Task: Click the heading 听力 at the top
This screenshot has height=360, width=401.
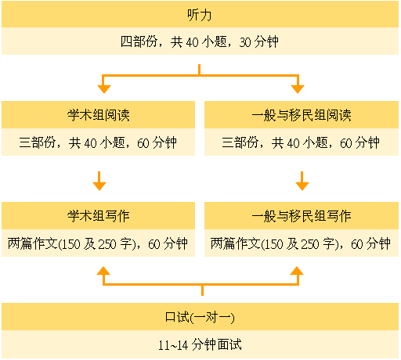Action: [x=200, y=15]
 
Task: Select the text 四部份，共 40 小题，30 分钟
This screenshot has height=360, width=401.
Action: [x=200, y=41]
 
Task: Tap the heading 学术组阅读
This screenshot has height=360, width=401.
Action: [x=98, y=115]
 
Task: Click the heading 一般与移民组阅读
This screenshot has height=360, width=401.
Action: [x=302, y=115]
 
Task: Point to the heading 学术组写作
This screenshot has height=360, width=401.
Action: [x=98, y=216]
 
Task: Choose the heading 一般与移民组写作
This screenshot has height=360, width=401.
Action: [x=302, y=216]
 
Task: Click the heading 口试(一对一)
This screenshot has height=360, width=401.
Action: [x=200, y=317]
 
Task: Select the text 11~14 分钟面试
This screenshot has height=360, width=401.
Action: [x=200, y=344]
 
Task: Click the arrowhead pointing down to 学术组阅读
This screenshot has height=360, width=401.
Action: [x=104, y=89]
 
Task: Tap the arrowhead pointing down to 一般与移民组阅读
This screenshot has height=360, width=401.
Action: [x=298, y=89]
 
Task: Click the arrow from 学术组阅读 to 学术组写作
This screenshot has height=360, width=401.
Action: [x=99, y=181]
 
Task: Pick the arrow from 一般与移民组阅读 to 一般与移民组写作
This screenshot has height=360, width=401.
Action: [x=302, y=181]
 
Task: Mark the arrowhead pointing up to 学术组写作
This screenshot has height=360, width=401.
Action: [x=103, y=271]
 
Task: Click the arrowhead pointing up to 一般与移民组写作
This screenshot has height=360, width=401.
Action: [x=297, y=271]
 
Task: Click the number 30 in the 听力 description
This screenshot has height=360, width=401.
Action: [x=245, y=42]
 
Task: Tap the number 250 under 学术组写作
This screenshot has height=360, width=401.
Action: [x=107, y=244]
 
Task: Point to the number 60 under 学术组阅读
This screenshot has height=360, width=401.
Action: [x=143, y=143]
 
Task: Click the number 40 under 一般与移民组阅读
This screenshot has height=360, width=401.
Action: [x=293, y=143]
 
